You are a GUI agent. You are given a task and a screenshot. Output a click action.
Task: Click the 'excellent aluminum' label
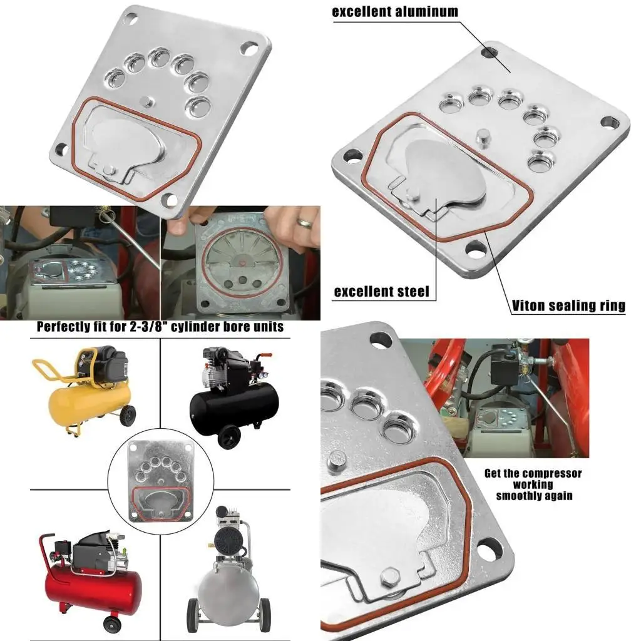(x=394, y=11)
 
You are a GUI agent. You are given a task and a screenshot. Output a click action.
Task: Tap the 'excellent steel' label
(x=381, y=291)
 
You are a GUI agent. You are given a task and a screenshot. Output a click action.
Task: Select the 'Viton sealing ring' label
(x=568, y=305)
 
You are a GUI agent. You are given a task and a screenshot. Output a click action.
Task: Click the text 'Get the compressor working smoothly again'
(x=533, y=484)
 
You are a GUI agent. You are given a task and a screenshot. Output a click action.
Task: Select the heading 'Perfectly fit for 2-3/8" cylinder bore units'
(x=160, y=327)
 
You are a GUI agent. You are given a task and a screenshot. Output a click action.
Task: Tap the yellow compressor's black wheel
(x=129, y=414)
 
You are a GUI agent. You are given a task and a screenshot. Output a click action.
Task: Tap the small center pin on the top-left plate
(x=146, y=101)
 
